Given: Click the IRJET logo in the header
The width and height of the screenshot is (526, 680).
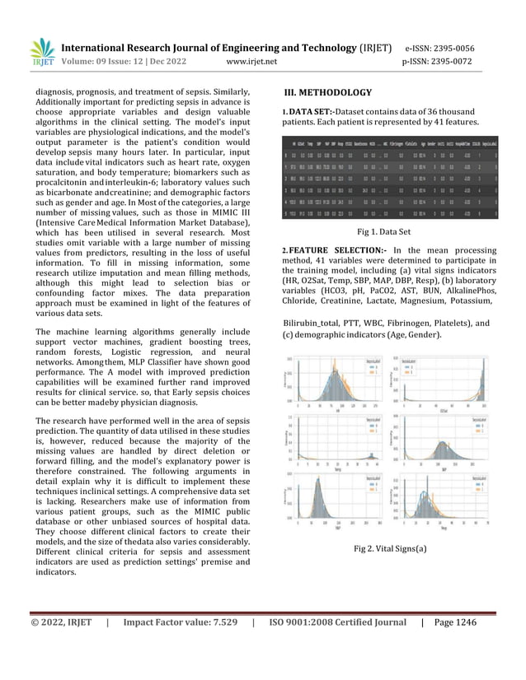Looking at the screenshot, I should click(x=40, y=52).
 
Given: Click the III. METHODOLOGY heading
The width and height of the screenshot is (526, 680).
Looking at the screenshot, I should click(x=327, y=92).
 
